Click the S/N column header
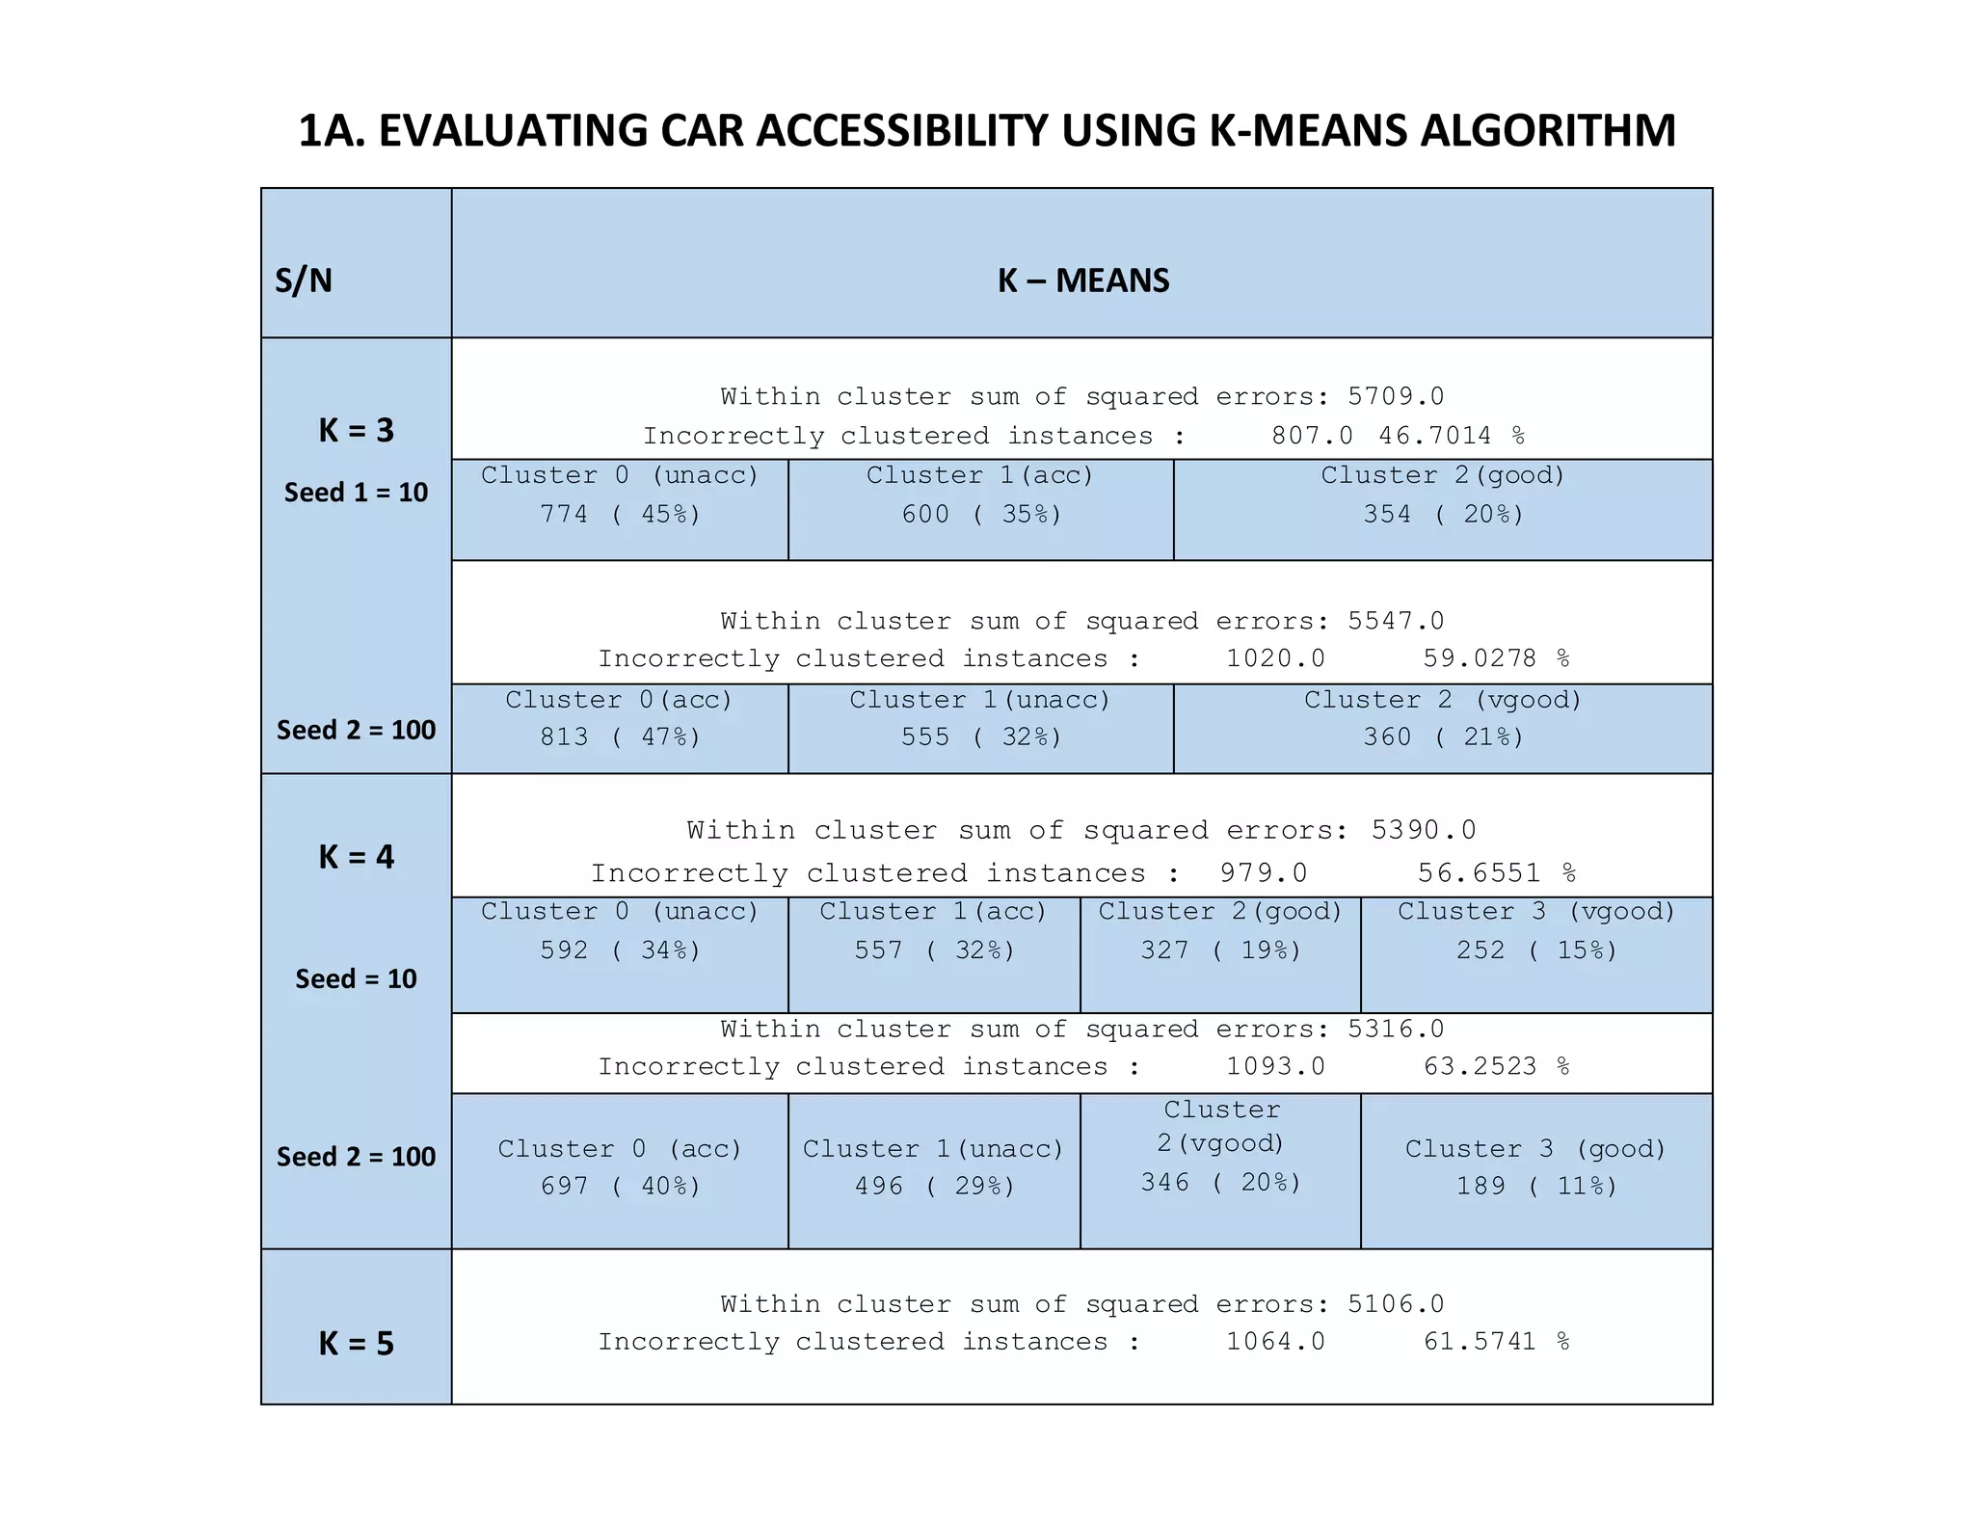[304, 281]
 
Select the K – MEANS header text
[1082, 281]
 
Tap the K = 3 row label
[356, 430]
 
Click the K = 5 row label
[356, 1343]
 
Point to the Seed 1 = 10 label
[356, 493]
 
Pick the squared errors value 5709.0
[1395, 396]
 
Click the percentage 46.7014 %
[1450, 436]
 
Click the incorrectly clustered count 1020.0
[1274, 658]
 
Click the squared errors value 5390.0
[1423, 830]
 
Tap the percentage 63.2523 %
[1496, 1066]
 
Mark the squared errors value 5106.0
[1395, 1304]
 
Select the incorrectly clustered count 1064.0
[1274, 1342]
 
